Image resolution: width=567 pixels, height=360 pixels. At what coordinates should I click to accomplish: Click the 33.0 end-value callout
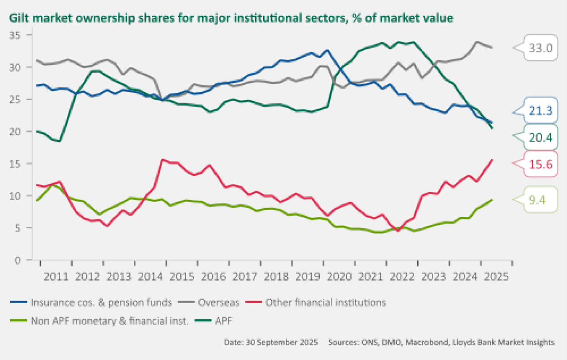(x=540, y=47)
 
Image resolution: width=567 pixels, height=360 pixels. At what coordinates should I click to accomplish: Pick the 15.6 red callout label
(x=540, y=164)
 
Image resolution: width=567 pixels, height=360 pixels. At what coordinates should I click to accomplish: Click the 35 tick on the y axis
(x=26, y=35)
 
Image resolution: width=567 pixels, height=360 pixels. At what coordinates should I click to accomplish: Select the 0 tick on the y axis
(x=29, y=260)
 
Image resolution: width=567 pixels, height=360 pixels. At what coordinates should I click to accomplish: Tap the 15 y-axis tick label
(x=26, y=164)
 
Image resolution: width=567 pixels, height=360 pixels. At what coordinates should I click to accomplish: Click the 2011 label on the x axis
(x=56, y=277)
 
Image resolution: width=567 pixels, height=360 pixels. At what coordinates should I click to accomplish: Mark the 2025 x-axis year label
(x=497, y=277)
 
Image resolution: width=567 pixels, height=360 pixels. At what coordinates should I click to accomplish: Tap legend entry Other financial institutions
(x=325, y=303)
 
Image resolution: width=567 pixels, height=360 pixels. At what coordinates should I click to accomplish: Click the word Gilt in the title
(x=19, y=18)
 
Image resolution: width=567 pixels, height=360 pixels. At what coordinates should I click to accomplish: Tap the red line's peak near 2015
(x=162, y=160)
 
